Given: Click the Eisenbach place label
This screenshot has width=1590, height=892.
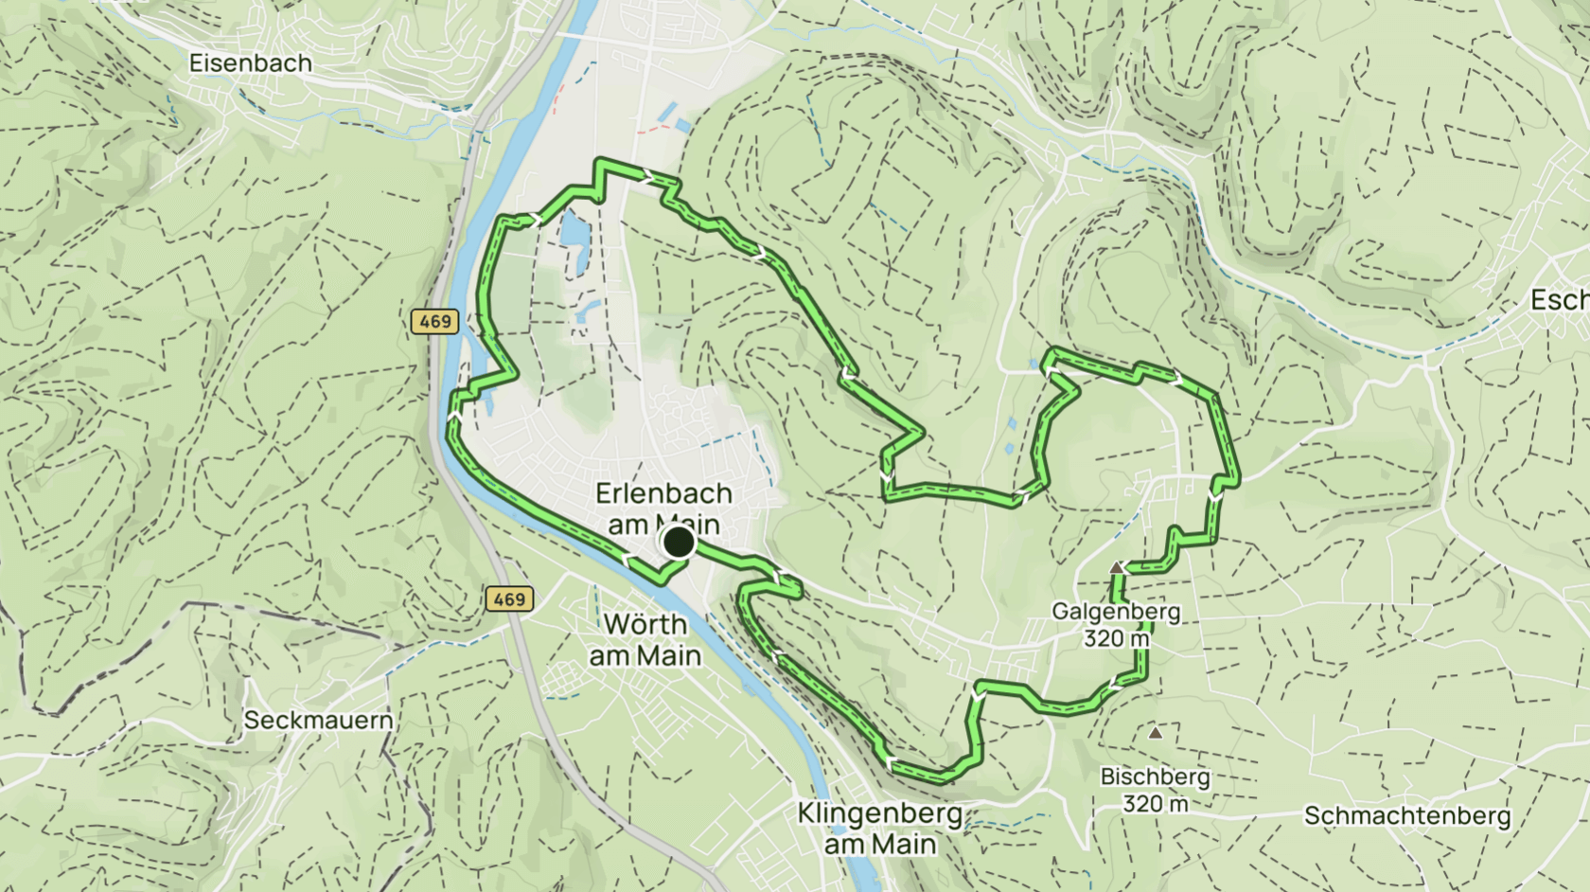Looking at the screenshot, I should (250, 63).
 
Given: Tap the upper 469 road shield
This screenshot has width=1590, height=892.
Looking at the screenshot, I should (434, 321).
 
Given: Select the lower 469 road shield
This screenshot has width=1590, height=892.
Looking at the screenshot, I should (508, 598).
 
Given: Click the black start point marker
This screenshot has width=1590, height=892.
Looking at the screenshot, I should (679, 543).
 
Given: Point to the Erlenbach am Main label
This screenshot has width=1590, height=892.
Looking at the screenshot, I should (663, 508).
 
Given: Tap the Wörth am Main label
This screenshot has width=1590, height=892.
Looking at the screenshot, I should (645, 639).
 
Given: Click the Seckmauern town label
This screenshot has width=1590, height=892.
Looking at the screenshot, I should (318, 720).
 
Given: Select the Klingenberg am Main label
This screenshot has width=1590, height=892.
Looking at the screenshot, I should (879, 828).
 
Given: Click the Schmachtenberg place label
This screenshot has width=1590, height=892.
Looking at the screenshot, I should (1406, 815).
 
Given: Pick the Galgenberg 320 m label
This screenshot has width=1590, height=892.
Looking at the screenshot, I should (1116, 624).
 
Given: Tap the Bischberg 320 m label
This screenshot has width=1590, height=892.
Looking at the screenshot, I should (1155, 790).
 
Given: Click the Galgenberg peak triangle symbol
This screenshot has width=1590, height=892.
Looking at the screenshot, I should (1117, 567).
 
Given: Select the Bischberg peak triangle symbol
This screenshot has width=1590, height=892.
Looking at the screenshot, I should (1155, 732).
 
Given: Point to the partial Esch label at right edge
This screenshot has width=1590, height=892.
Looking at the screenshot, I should (1560, 300).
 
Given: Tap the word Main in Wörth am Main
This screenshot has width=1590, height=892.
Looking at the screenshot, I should (670, 655).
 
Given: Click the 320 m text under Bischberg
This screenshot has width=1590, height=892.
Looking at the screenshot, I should (1155, 804).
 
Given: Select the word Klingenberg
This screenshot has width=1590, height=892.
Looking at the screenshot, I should (879, 813).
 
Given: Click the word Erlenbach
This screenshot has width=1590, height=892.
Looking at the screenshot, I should (663, 493).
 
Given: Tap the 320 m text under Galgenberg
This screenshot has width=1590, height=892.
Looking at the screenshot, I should (1116, 638).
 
